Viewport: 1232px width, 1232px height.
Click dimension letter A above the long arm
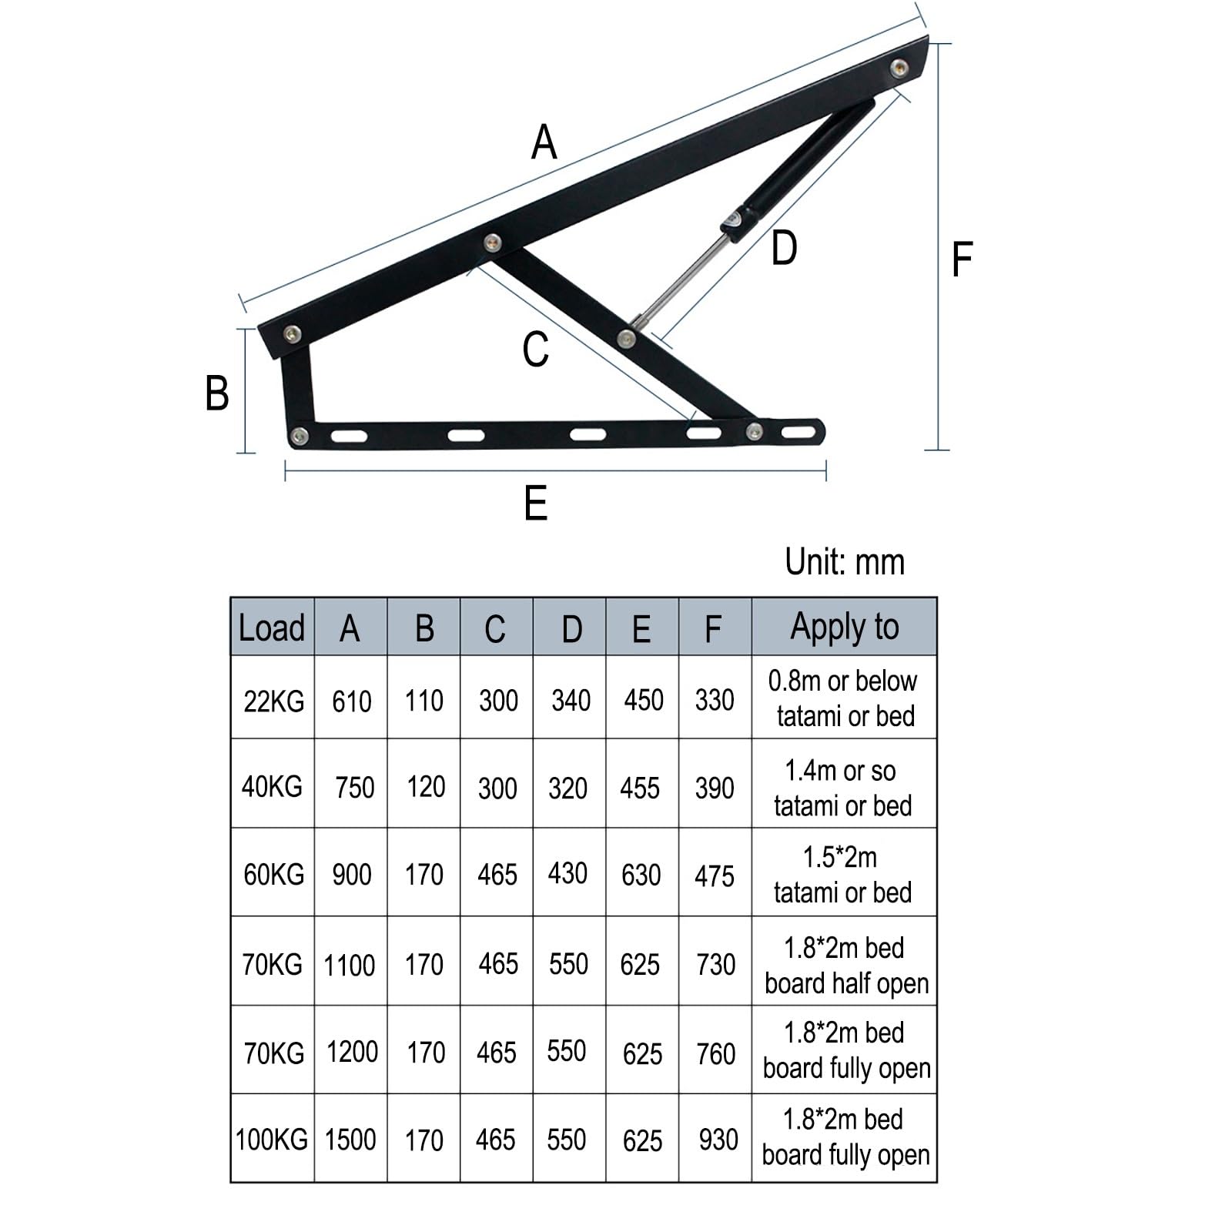pos(544,142)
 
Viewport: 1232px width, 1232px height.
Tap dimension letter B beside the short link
pos(217,393)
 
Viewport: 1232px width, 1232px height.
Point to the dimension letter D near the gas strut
pos(784,249)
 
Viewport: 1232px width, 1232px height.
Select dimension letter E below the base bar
pos(536,504)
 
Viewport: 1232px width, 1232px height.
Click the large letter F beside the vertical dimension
pos(962,259)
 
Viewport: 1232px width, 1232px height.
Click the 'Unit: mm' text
pos(844,562)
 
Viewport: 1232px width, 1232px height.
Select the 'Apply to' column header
pos(844,627)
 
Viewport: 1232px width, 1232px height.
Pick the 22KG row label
pos(273,701)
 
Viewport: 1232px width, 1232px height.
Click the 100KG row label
pos(272,1140)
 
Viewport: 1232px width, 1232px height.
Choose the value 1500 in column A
pos(350,1140)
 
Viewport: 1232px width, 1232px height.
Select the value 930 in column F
pos(718,1140)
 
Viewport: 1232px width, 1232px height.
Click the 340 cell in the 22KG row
pos(571,701)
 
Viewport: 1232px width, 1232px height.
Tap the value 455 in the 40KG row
pos(640,788)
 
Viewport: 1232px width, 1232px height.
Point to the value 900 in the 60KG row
pos(352,875)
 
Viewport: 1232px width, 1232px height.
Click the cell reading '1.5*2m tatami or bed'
pos(842,875)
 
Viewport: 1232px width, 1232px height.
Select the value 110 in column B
pos(424,701)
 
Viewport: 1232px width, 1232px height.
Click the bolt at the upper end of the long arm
pos(899,67)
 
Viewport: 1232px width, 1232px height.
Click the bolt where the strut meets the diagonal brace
pos(627,337)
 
